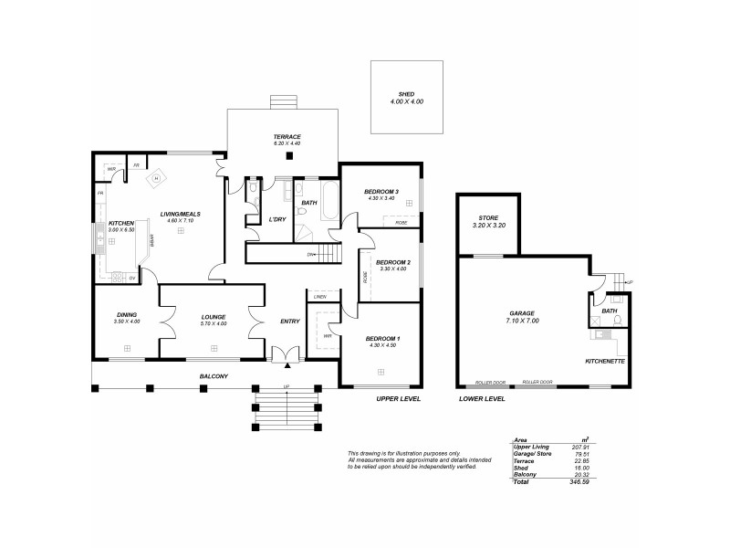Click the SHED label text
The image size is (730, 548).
point(406,93)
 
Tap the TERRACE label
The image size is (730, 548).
point(287,136)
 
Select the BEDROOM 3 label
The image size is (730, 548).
point(381,191)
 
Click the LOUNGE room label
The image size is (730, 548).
point(214,317)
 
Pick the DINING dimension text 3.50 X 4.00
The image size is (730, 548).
point(127,322)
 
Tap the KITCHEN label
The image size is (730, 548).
point(122,223)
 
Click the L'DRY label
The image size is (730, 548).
point(277,219)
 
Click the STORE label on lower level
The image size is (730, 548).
point(487,217)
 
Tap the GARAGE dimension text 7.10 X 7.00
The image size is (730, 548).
point(522,321)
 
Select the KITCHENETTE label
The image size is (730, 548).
point(603,361)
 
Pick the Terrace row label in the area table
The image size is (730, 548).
point(523,461)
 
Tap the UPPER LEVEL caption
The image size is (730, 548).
point(399,399)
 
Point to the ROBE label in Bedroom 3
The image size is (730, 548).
point(401,223)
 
